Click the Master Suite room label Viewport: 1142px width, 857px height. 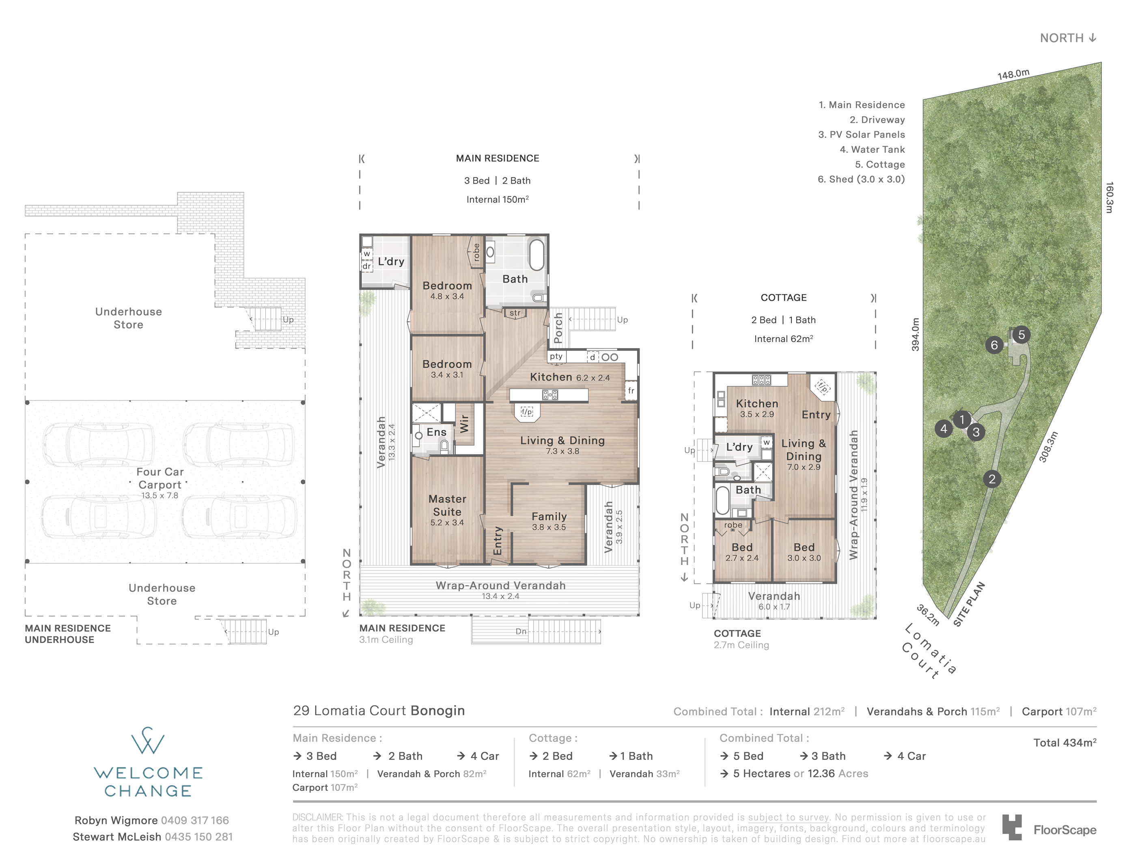click(447, 505)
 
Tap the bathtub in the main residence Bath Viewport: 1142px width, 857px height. click(537, 255)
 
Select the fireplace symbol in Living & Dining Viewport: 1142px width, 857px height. click(527, 412)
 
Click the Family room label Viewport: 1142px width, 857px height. click(549, 516)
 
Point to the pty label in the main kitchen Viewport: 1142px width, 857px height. click(556, 357)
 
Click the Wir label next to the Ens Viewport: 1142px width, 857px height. click(464, 424)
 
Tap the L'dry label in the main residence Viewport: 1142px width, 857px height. click(391, 262)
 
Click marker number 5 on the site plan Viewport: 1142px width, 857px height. click(1021, 335)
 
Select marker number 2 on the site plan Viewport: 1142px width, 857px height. click(992, 479)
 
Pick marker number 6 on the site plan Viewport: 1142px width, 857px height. click(994, 345)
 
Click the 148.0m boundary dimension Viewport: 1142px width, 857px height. click(1013, 74)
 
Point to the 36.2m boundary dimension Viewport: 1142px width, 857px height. click(928, 615)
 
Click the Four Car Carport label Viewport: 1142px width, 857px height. click(159, 478)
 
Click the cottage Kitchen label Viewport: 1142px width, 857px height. click(757, 403)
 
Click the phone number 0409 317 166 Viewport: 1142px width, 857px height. click(195, 820)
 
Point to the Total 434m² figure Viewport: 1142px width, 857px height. click(1064, 742)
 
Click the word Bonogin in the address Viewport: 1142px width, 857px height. click(438, 711)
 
